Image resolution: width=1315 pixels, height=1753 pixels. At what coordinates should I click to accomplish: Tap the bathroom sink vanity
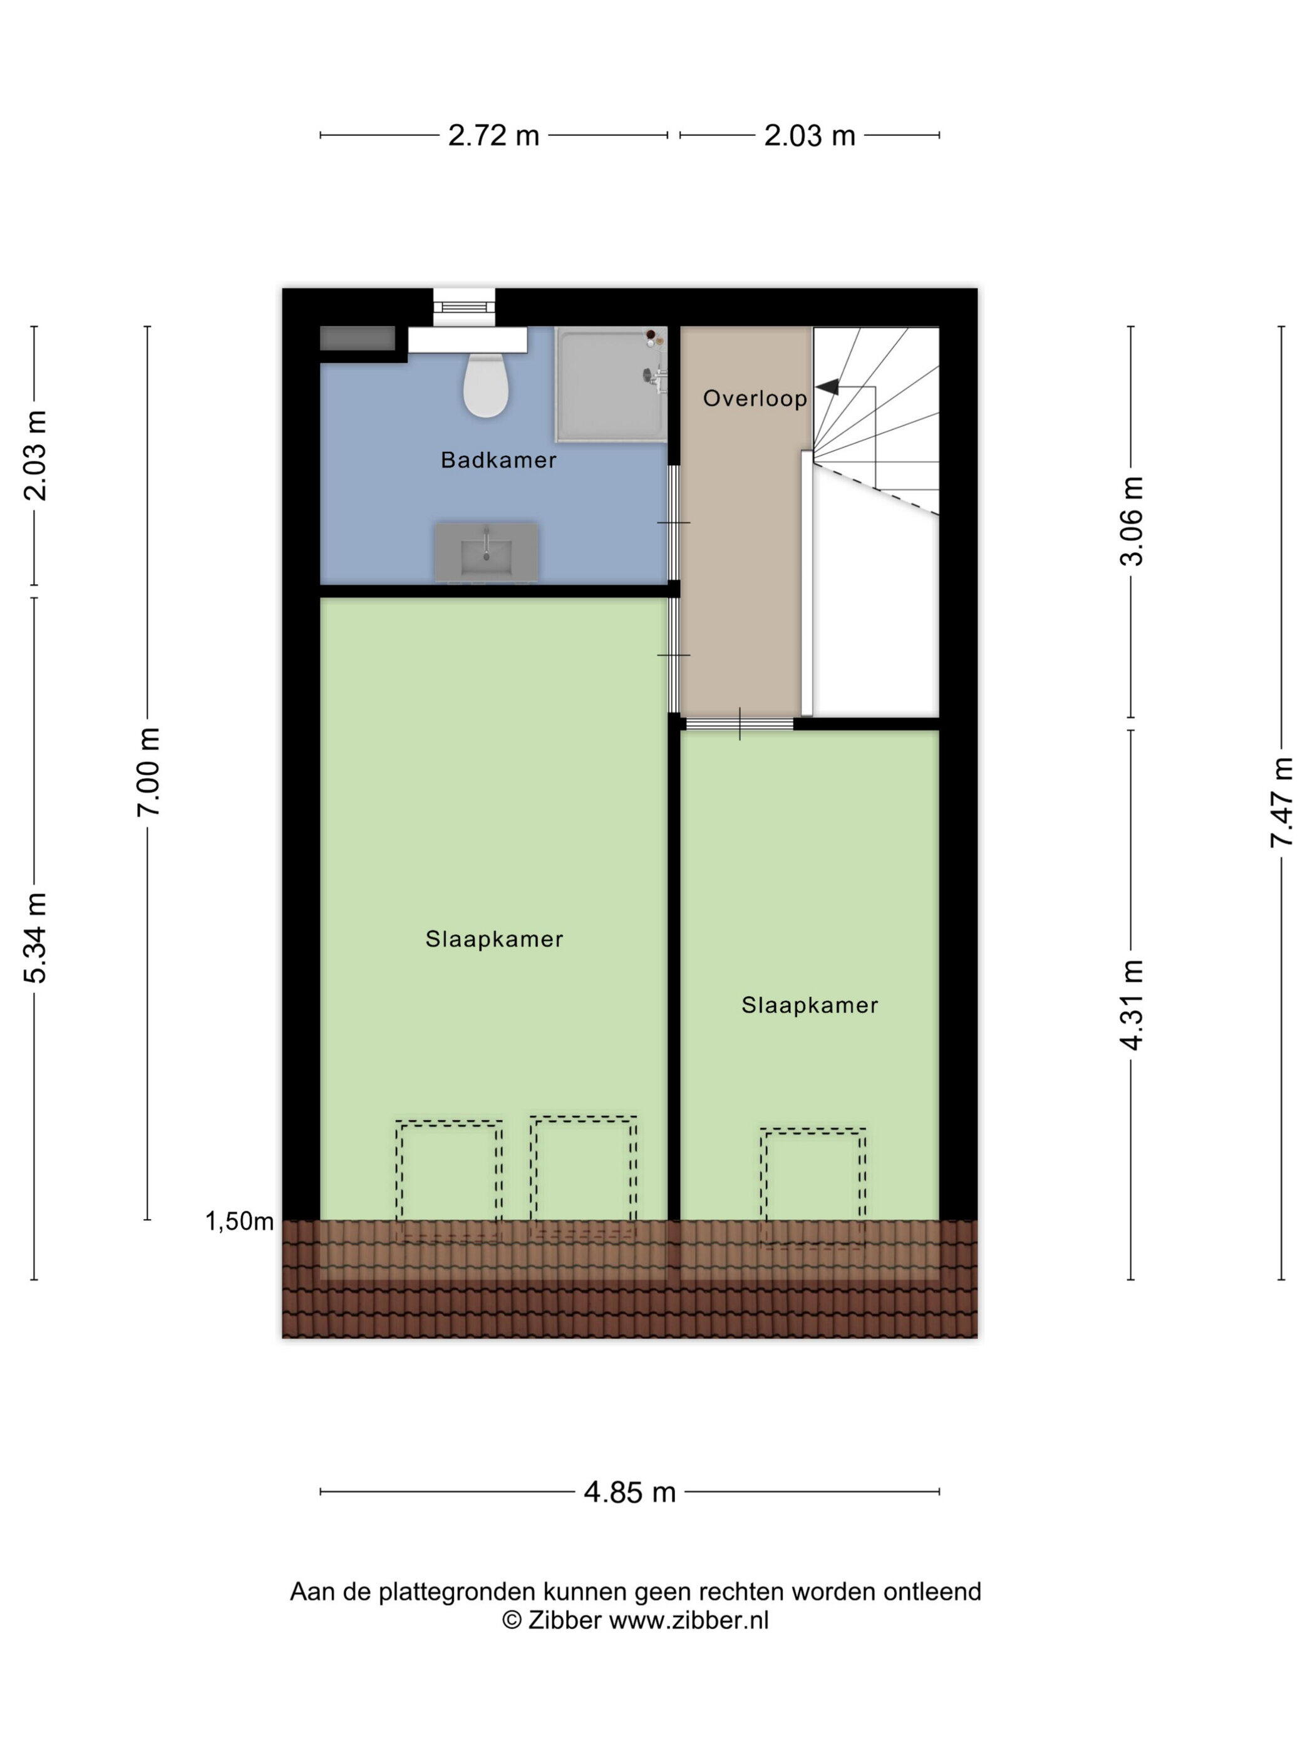[485, 551]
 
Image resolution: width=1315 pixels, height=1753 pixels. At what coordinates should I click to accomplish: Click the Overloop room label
[755, 398]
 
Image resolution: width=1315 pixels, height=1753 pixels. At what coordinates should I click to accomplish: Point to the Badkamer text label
[498, 460]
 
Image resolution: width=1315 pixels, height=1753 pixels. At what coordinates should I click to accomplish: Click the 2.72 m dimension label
[493, 135]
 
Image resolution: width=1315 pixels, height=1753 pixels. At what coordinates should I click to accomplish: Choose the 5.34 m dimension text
[36, 937]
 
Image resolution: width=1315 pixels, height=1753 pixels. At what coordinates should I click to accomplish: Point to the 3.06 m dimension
[1131, 521]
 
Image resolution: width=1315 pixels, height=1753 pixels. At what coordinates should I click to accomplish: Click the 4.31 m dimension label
[1131, 1004]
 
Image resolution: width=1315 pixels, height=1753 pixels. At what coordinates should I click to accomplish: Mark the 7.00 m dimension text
[148, 771]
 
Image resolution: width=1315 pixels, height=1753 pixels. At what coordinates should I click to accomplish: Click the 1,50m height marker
[239, 1221]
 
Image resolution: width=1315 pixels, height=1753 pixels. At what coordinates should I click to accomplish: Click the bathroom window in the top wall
[464, 307]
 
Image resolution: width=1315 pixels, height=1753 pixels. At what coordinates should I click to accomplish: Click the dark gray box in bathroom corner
[358, 339]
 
